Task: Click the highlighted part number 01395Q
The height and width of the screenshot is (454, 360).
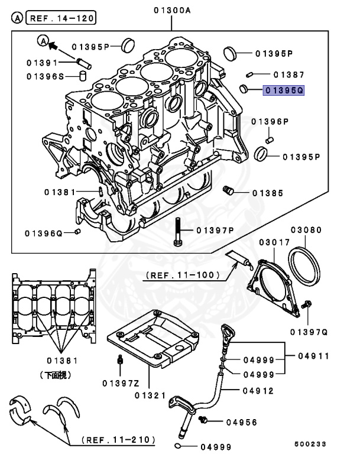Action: tap(284, 90)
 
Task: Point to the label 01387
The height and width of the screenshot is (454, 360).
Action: tap(288, 75)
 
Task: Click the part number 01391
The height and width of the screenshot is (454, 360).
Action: tap(42, 62)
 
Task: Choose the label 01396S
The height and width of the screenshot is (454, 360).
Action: tap(42, 76)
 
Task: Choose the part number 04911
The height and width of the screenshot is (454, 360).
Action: tap(314, 356)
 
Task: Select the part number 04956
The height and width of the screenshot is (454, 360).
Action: tap(241, 421)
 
